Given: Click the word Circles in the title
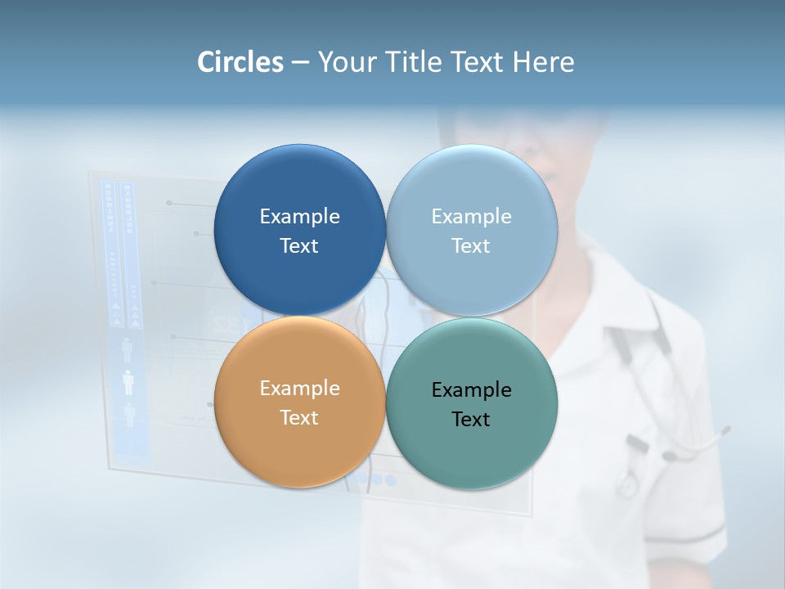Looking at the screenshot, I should pos(240,62).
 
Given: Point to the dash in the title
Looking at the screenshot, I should pos(300,63).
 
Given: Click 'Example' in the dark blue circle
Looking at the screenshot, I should pos(299,216).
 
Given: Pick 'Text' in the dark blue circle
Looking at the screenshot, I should pos(299,245).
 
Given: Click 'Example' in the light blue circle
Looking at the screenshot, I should pos(471,216).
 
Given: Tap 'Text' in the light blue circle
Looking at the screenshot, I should pos(471,245).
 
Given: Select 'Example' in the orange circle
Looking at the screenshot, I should pos(299,388).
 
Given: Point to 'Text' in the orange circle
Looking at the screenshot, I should pos(299,417).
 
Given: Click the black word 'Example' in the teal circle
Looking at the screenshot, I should pos(471,389).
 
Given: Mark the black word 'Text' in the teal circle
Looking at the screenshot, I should pos(471,419).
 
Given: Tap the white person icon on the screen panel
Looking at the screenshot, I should pos(128,382).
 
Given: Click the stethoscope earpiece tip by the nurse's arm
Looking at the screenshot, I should pos(724,429).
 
